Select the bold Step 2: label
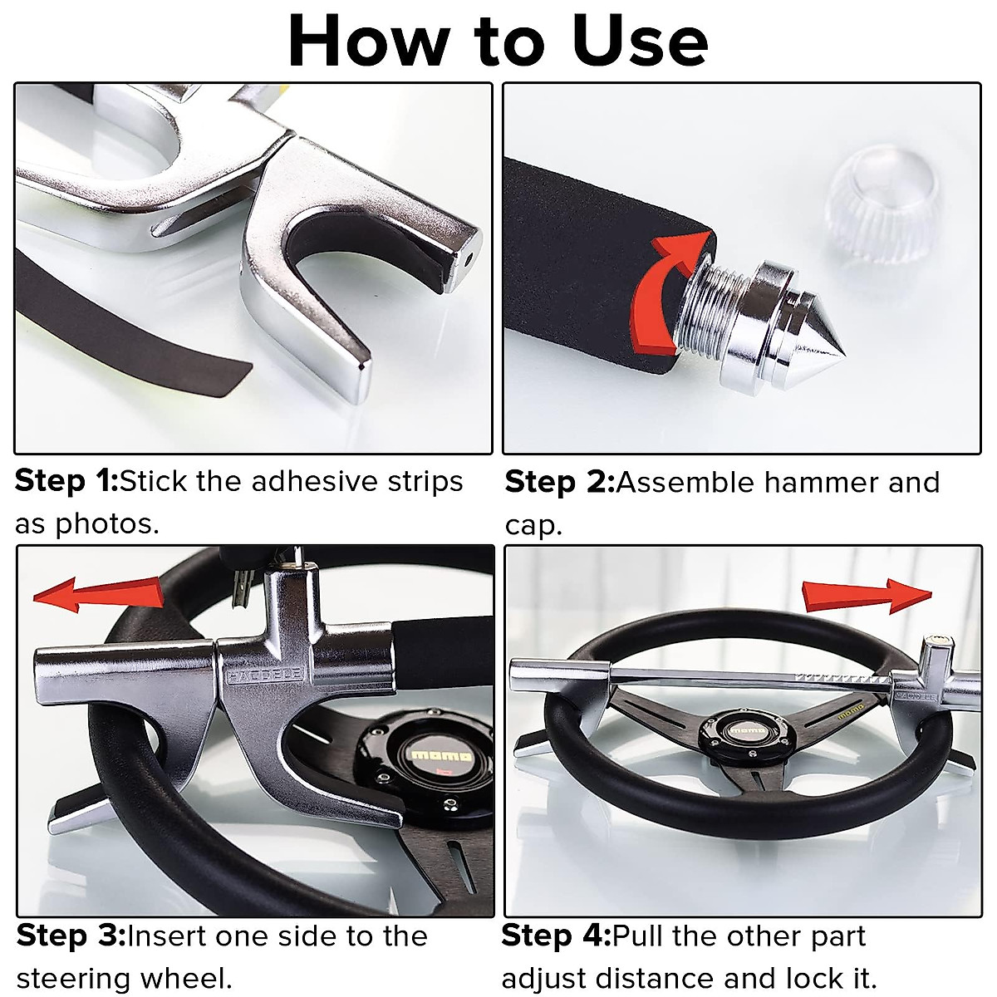click(559, 482)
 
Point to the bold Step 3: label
click(71, 936)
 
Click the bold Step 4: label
click(556, 936)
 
